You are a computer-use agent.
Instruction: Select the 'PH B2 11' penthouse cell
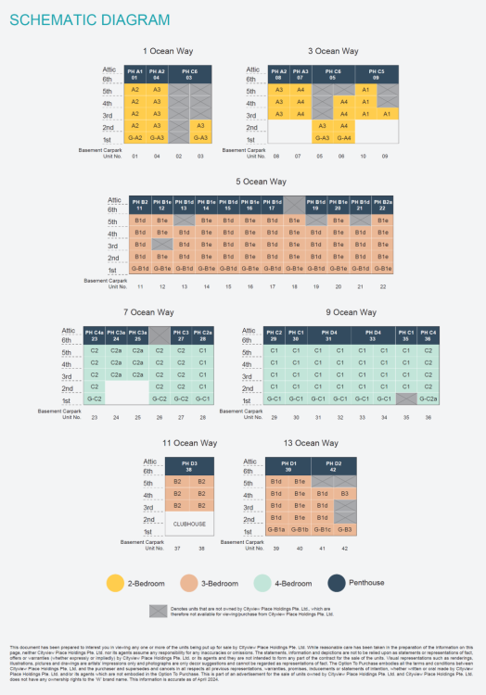140,203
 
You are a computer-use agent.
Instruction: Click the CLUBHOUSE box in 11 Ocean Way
189,524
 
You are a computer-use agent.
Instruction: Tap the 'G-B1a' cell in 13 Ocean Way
275,528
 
